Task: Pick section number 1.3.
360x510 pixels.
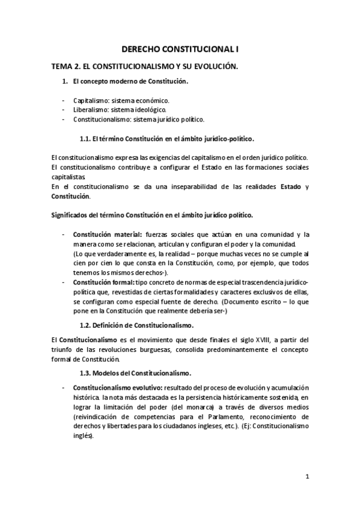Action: pyautogui.click(x=87, y=373)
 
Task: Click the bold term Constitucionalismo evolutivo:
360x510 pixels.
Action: pyautogui.click(x=117, y=388)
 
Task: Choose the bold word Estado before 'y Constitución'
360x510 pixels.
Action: pyautogui.click(x=291, y=186)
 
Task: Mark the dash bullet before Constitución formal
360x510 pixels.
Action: pyautogui.click(x=64, y=282)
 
